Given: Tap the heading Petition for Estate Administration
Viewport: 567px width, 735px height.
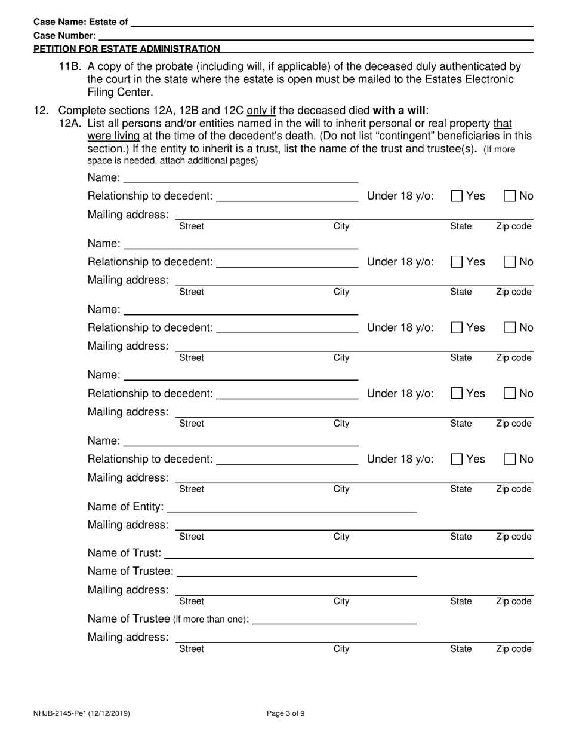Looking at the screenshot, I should coord(127,49).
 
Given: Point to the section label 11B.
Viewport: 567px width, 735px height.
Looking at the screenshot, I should coord(71,66).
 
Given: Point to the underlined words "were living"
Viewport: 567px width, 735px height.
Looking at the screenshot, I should coord(113,136).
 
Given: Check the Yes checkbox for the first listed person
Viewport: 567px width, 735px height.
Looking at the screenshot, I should coord(457,196).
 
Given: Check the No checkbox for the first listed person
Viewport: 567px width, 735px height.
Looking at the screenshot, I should coord(510,196).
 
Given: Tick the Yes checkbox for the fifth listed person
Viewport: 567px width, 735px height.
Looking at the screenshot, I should coord(457,459).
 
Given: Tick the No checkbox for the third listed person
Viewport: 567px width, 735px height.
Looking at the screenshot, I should coord(510,327).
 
